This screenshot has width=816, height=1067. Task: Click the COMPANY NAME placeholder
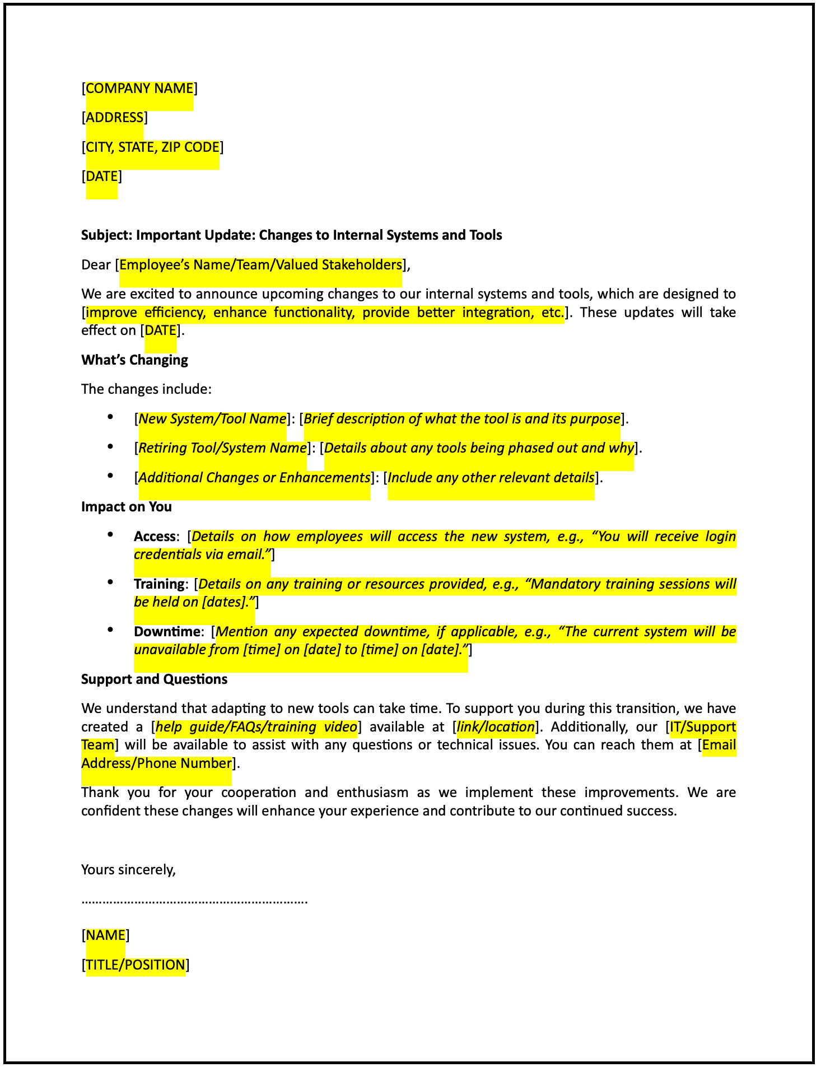click(x=139, y=88)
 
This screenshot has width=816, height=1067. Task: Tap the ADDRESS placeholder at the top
click(x=115, y=118)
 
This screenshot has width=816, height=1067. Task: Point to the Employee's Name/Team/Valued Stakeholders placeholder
click(x=261, y=265)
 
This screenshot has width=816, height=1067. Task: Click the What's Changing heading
click(x=134, y=360)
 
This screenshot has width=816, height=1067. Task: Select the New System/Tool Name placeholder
click(x=212, y=419)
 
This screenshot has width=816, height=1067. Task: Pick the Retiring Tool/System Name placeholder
click(x=222, y=448)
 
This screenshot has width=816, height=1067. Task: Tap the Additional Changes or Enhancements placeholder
click(x=254, y=478)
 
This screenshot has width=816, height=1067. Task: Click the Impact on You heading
click(x=127, y=507)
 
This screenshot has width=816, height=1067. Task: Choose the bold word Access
click(x=155, y=537)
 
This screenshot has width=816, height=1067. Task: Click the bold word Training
click(x=159, y=584)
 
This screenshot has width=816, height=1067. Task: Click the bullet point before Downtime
click(x=111, y=630)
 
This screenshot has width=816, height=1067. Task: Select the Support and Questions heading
click(x=154, y=679)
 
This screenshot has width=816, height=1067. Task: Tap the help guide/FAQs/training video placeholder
click(x=257, y=727)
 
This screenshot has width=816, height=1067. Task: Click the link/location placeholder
click(x=496, y=727)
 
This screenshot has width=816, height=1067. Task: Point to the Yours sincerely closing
click(x=128, y=870)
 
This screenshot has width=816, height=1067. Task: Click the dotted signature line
click(x=194, y=902)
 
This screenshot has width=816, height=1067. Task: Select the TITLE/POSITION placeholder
click(x=136, y=965)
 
